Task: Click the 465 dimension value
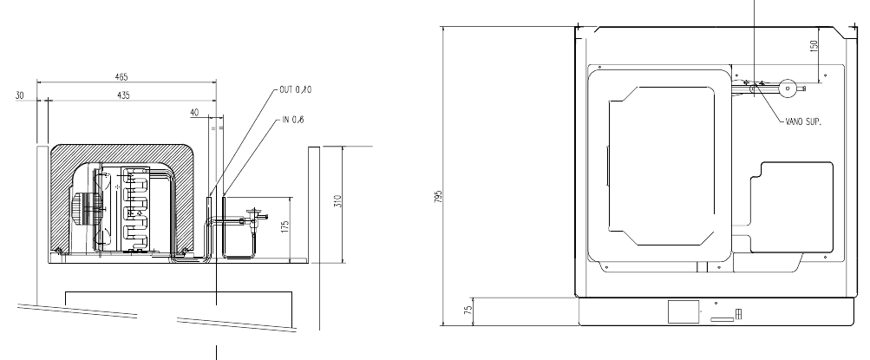121,77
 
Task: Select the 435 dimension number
123,95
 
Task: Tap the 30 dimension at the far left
20,95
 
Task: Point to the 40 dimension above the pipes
194,113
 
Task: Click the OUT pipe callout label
295,90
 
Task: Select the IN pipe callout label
292,120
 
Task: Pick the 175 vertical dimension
285,227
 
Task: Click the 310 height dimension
338,200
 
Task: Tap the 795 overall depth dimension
438,196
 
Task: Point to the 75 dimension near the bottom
469,309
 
